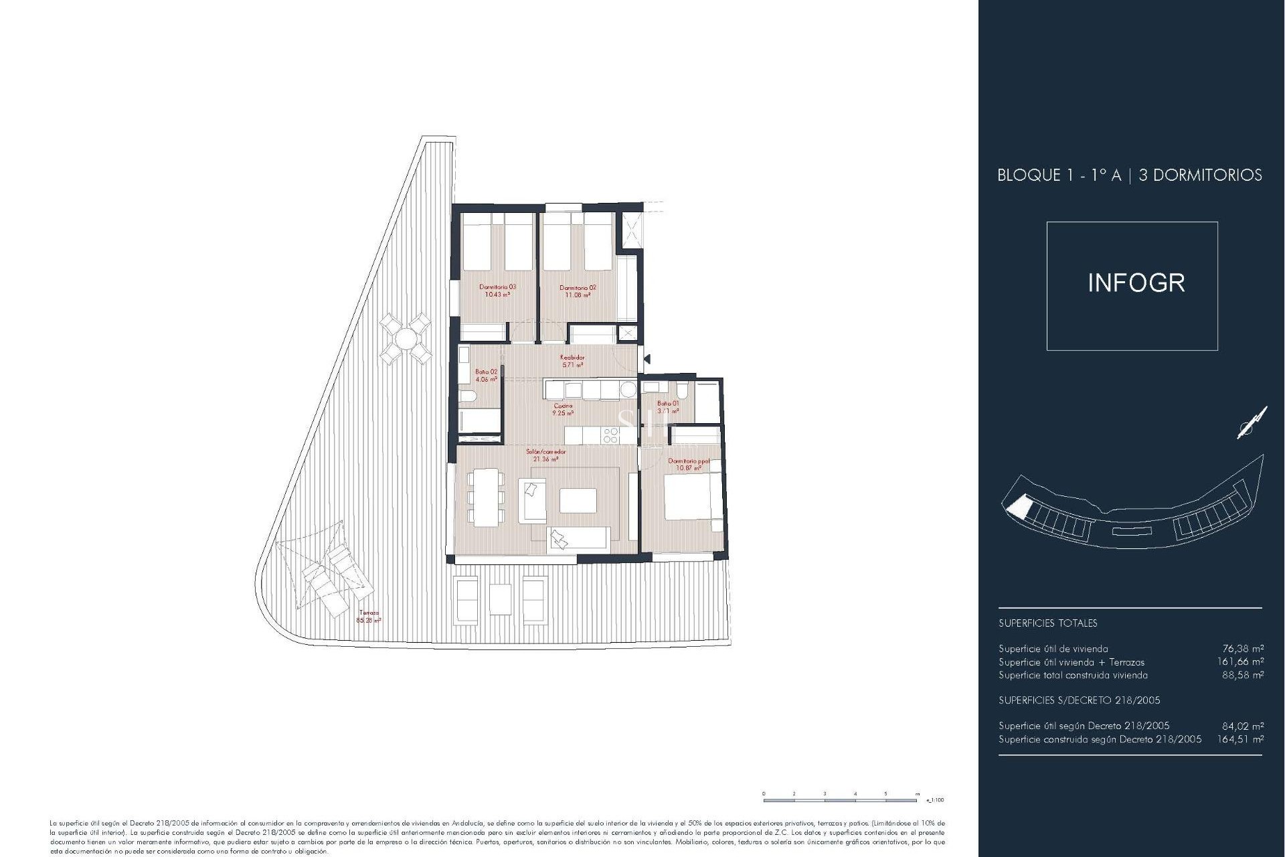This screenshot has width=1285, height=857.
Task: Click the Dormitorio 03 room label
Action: point(497,291)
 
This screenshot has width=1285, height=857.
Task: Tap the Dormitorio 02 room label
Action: point(578,291)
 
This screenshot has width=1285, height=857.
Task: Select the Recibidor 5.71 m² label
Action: point(572,362)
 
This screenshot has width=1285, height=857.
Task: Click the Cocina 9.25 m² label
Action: point(562,410)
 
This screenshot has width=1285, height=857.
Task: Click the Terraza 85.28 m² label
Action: point(369,617)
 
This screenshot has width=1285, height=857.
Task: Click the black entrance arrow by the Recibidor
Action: point(647,360)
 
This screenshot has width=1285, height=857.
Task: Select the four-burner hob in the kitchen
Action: point(610,436)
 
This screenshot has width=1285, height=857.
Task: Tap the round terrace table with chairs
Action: point(404,338)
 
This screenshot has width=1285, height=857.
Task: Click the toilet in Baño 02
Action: point(468,397)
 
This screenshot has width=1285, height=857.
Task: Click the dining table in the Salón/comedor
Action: point(487,496)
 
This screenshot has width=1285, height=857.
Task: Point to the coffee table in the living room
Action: point(578,500)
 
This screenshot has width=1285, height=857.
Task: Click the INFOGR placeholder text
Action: point(1136,283)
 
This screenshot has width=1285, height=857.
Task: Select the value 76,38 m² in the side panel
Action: point(1243,648)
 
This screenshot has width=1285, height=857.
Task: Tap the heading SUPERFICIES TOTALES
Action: point(1047,623)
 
